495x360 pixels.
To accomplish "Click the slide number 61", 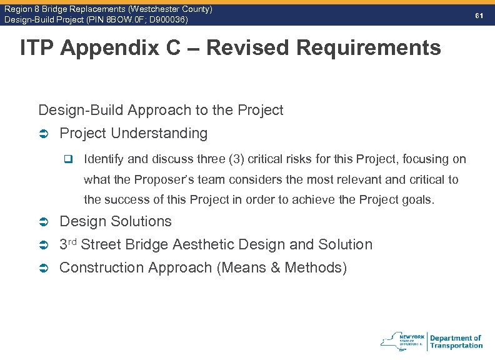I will pos(479,14).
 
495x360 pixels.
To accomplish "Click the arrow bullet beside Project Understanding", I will pos(44,134).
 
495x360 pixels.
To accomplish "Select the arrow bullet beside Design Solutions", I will pos(44,222).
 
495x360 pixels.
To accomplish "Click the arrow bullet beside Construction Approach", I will pos(44,268).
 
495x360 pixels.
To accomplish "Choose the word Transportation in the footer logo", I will pos(456,345).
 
